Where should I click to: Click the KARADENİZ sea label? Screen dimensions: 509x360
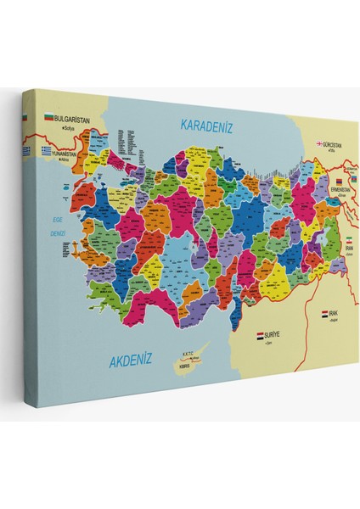click(x=207, y=126)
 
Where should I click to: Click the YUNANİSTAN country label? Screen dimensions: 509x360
click(x=68, y=155)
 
